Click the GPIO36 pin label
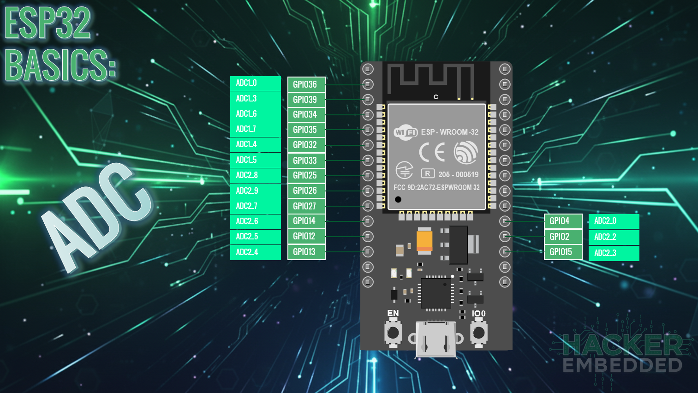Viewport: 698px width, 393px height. pyautogui.click(x=306, y=84)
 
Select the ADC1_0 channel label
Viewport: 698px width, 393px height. pyautogui.click(x=255, y=83)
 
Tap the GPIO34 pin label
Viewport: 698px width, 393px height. pyautogui.click(x=306, y=114)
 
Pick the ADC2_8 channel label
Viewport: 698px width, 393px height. pyautogui.click(x=255, y=175)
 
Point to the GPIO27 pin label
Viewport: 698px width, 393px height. pyautogui.click(x=306, y=206)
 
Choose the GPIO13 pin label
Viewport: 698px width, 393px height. pyautogui.click(x=306, y=252)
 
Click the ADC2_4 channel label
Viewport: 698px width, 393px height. pyautogui.click(x=255, y=252)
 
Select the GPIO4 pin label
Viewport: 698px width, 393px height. pyautogui.click(x=563, y=221)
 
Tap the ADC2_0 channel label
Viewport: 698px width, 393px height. pyautogui.click(x=614, y=221)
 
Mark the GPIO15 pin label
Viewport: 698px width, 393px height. pyautogui.click(x=563, y=252)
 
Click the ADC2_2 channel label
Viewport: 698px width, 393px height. pyautogui.click(x=614, y=237)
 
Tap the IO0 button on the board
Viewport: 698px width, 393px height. pyautogui.click(x=479, y=332)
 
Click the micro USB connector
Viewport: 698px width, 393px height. pyautogui.click(x=436, y=340)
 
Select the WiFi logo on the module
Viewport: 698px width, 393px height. pyautogui.click(x=406, y=132)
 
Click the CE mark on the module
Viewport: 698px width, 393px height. pyautogui.click(x=432, y=152)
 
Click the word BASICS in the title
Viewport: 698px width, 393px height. pyautogui.click(x=60, y=65)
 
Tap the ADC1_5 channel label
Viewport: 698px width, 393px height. pyautogui.click(x=255, y=160)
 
